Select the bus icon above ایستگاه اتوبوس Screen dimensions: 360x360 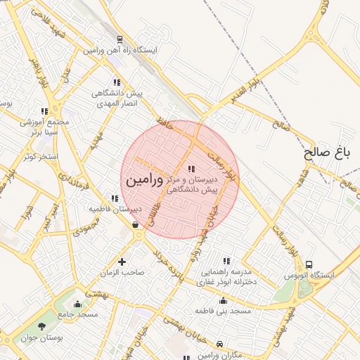tap(309, 264)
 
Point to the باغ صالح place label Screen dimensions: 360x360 tap(327, 152)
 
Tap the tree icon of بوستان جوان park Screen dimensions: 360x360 tap(41, 326)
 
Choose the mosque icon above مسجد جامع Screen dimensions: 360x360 tap(77, 304)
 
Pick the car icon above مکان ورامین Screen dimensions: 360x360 tap(221, 344)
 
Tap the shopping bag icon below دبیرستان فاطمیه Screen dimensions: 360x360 tap(134, 225)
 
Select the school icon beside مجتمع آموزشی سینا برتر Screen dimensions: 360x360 tap(44, 111)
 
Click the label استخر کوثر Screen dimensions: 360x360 tap(39, 155)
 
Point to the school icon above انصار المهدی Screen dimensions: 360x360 tap(116, 82)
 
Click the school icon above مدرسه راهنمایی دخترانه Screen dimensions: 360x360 tap(226, 261)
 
